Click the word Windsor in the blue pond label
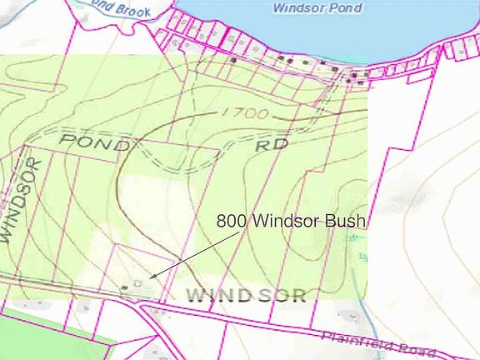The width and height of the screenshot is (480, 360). click(x=295, y=7)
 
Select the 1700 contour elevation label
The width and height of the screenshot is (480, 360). click(x=244, y=112)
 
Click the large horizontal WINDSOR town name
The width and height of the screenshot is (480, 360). click(x=246, y=295)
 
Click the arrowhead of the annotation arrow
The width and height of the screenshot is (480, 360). click(x=152, y=276)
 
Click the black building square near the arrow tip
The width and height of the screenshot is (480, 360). click(x=125, y=287)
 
